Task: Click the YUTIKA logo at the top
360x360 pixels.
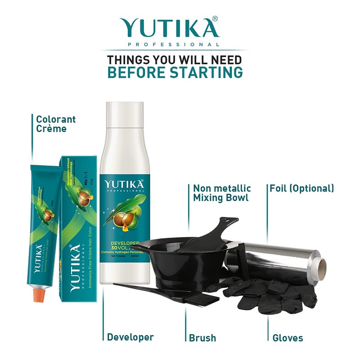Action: (x=168, y=28)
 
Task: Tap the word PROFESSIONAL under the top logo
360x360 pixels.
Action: (x=174, y=45)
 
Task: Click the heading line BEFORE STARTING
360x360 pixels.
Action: (x=175, y=72)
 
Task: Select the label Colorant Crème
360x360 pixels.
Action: (x=56, y=124)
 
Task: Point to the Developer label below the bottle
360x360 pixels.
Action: (x=130, y=337)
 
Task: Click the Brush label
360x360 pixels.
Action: (x=202, y=337)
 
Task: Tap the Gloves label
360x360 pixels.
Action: (x=288, y=337)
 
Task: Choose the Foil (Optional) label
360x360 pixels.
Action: (x=301, y=188)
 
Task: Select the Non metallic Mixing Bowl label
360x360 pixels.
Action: (x=222, y=193)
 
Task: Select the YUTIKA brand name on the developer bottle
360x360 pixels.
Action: (x=124, y=184)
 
